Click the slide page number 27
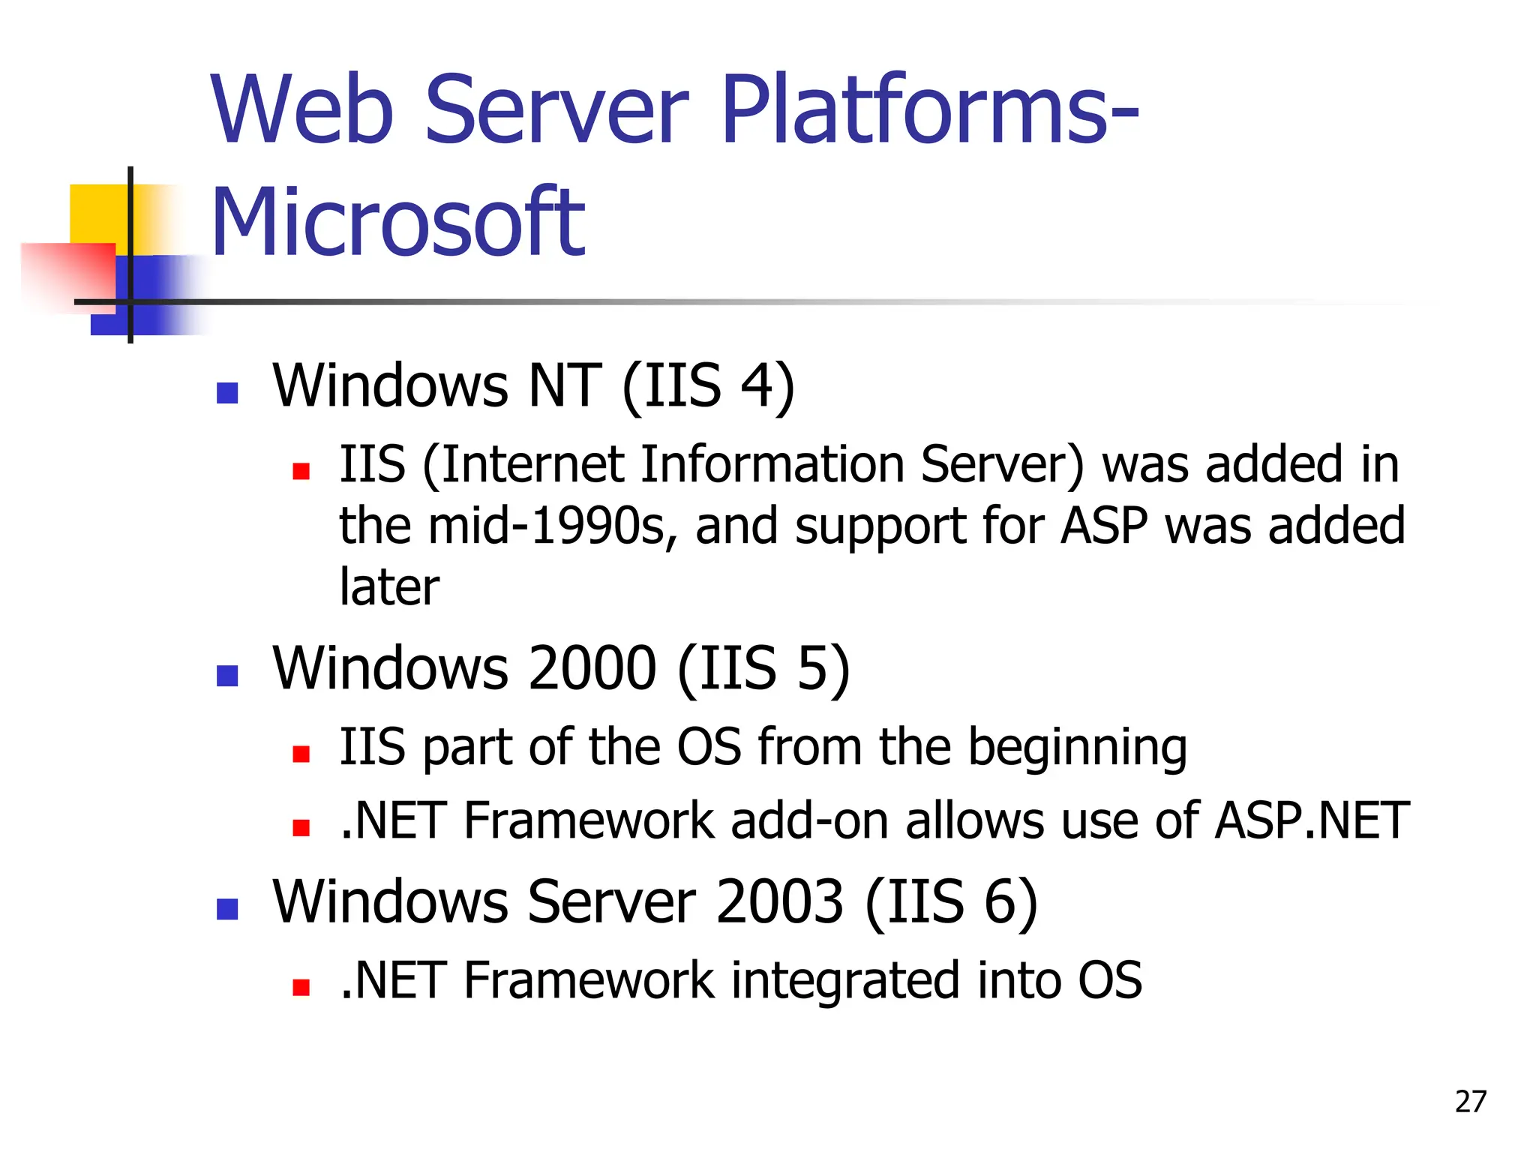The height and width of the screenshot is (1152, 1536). pyautogui.click(x=1470, y=1102)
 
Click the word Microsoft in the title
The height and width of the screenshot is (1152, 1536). pyautogui.click(x=397, y=222)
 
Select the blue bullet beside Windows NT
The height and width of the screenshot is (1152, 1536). pyautogui.click(x=227, y=393)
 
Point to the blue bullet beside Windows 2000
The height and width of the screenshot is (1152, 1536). pyautogui.click(x=227, y=676)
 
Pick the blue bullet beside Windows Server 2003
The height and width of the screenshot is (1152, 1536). pyautogui.click(x=227, y=909)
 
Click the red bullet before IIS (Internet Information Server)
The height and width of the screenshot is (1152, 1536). pyautogui.click(x=301, y=471)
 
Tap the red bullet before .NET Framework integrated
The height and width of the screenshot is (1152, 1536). pyautogui.click(x=301, y=987)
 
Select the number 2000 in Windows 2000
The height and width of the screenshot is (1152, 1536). pyautogui.click(x=592, y=668)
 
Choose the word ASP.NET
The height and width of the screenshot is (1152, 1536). pyautogui.click(x=1312, y=820)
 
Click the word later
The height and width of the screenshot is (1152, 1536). pyautogui.click(x=389, y=586)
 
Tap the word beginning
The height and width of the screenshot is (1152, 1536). pyautogui.click(x=1078, y=748)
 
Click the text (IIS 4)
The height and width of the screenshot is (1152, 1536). pyautogui.click(x=709, y=385)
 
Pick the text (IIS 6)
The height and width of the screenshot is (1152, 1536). pyautogui.click(x=952, y=901)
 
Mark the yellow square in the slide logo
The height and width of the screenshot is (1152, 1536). pyautogui.click(x=97, y=214)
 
